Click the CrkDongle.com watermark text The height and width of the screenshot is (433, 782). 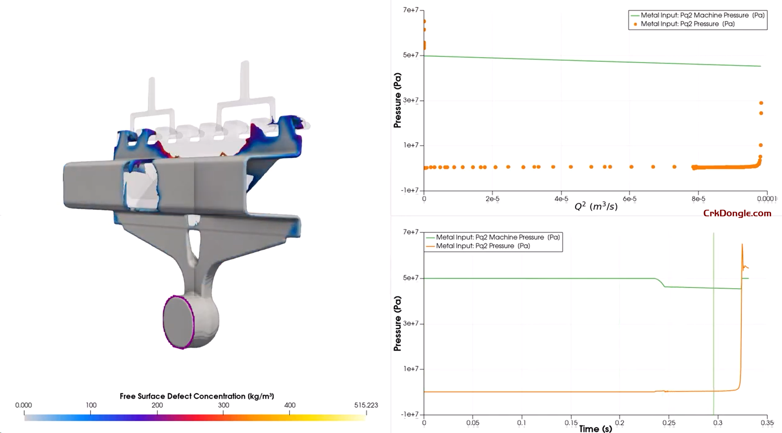[737, 213]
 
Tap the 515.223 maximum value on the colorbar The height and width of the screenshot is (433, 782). [366, 405]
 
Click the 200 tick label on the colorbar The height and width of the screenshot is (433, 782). [157, 405]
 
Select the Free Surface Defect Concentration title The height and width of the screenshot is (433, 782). [197, 396]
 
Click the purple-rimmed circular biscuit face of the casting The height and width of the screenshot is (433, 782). [179, 322]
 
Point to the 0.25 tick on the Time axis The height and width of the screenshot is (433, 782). [669, 423]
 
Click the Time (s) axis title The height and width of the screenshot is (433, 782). [595, 429]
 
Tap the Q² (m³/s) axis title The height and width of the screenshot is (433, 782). [596, 206]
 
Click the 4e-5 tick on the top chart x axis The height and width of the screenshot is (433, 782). [561, 199]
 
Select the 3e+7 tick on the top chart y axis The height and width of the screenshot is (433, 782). [411, 100]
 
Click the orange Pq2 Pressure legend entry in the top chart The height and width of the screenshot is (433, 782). [687, 24]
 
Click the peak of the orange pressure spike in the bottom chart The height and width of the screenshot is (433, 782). [742, 245]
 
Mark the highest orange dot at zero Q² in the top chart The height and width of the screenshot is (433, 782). [424, 21]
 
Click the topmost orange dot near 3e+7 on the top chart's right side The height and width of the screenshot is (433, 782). [761, 103]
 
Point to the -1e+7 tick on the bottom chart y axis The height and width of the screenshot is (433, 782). [411, 414]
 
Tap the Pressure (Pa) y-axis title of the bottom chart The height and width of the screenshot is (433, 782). [397, 324]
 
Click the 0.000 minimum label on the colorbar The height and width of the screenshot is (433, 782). [23, 405]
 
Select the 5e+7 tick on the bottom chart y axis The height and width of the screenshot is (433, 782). [411, 278]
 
